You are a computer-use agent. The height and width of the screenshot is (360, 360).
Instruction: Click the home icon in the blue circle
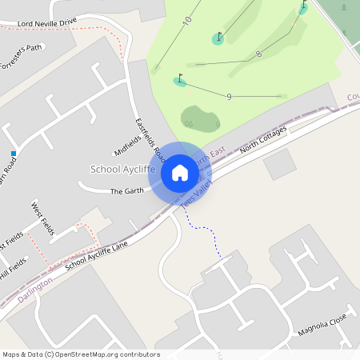[x=180, y=173]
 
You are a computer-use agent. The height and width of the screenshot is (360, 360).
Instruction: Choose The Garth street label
[x=126, y=191]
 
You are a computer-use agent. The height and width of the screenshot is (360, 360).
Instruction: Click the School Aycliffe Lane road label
[x=97, y=255]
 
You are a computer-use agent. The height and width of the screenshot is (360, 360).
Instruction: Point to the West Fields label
[x=42, y=218]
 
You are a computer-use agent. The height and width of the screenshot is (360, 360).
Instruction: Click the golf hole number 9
[x=229, y=97]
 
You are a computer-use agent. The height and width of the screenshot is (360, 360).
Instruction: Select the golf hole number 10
[x=187, y=20]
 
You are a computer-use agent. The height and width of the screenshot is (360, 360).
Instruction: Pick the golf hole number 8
[x=258, y=54]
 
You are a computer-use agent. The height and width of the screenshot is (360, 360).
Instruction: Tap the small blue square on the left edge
[x=14, y=153]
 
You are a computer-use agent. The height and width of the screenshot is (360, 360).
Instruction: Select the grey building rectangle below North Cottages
[x=279, y=164]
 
